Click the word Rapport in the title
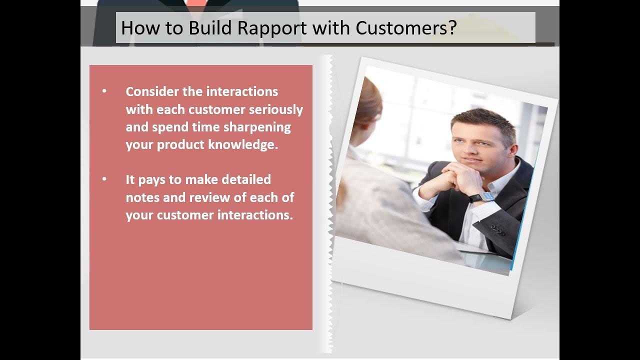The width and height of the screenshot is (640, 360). point(272,28)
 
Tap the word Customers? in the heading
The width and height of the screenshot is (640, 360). point(406,28)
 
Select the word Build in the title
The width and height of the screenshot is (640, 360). point(210,27)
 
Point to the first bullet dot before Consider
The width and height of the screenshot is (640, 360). point(104,91)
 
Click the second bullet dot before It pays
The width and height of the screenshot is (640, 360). point(104,179)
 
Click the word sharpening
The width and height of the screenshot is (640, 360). point(257,127)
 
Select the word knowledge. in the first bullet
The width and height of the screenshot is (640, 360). point(243,144)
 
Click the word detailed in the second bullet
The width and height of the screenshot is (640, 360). point(246,179)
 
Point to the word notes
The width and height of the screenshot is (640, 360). point(142,197)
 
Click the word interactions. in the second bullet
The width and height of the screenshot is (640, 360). point(255,215)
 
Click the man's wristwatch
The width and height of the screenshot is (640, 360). point(481,197)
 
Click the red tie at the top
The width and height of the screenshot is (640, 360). point(196,3)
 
